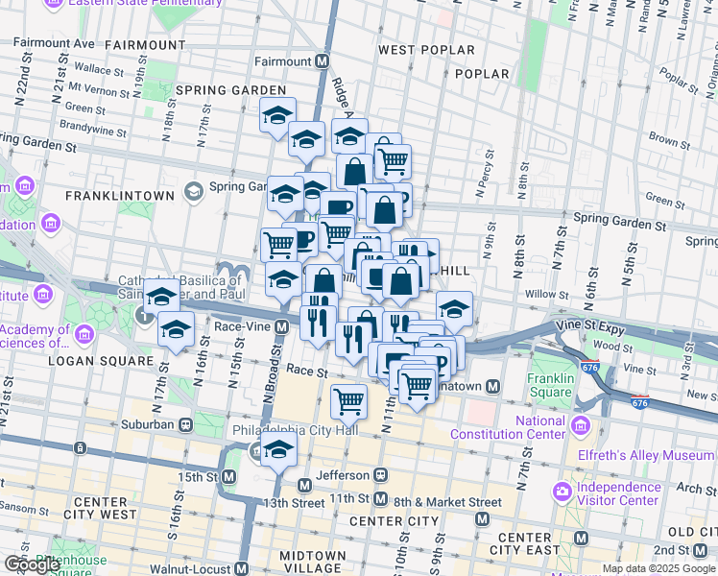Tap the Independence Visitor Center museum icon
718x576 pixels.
562,492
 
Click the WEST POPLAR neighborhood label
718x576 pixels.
426,50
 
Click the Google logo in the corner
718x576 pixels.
32,564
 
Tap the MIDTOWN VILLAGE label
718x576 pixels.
312,563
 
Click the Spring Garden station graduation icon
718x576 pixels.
195,191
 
